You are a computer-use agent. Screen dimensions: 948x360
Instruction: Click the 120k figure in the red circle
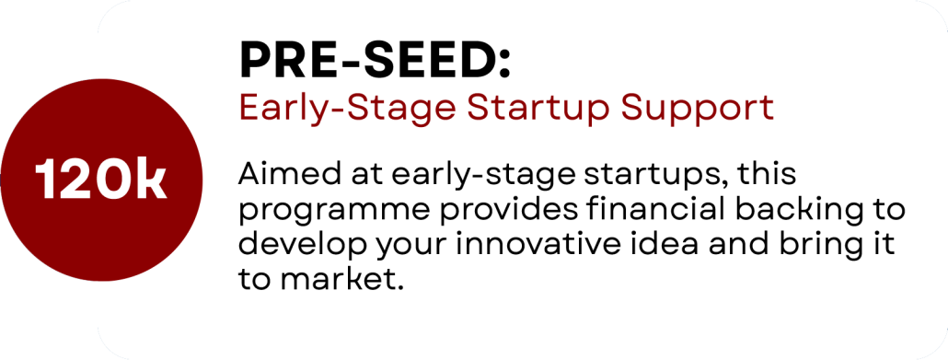click(101, 180)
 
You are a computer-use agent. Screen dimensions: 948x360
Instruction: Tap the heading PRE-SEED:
click(376, 61)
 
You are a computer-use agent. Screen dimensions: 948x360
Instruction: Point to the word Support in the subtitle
click(699, 109)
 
